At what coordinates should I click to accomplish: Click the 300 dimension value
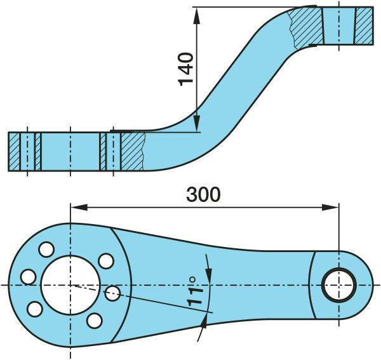click(203, 194)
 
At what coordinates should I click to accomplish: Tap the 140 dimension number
click(186, 69)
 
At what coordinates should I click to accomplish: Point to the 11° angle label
click(196, 293)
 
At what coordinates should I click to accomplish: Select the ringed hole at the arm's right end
click(338, 286)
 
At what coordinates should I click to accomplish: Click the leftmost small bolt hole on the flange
click(28, 277)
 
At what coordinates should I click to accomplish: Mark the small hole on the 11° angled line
click(113, 293)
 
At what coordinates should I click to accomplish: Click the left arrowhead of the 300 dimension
click(75, 206)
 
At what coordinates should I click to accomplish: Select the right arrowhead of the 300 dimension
click(333, 206)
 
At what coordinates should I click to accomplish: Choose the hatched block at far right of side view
click(364, 25)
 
